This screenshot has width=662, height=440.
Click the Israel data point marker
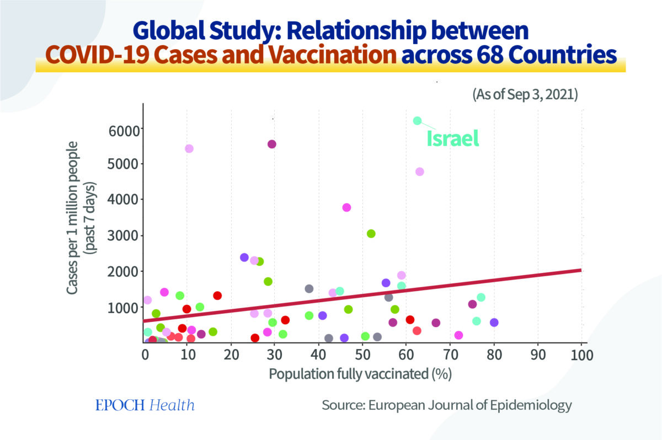(417, 121)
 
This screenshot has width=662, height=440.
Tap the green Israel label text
(452, 138)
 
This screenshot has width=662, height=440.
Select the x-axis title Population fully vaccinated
(360, 374)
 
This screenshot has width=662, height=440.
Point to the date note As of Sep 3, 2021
(524, 94)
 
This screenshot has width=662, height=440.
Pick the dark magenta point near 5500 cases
(271, 144)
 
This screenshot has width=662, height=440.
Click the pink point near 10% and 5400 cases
(189, 148)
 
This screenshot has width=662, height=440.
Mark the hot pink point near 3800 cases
(346, 207)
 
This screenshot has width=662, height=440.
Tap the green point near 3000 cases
(371, 234)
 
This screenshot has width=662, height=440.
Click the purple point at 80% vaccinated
(494, 323)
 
